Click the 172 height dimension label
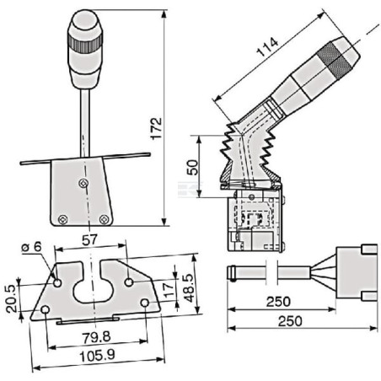point(157,128)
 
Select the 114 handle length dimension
point(267,46)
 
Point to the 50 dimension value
point(192,168)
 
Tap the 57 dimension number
point(89,239)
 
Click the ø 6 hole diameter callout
point(31,247)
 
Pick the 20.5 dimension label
point(12,298)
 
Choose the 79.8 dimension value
point(96,337)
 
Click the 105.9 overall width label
point(97,356)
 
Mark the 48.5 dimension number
point(190,288)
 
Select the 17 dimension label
point(169,290)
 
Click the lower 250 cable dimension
point(290,321)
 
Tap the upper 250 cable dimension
point(278,302)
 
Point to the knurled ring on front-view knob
point(85,43)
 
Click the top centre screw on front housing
point(83,184)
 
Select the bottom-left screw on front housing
point(62,219)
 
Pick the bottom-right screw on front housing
point(105,219)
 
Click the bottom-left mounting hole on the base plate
point(45,310)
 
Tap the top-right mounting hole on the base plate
point(129,282)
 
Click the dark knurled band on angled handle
point(335,61)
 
